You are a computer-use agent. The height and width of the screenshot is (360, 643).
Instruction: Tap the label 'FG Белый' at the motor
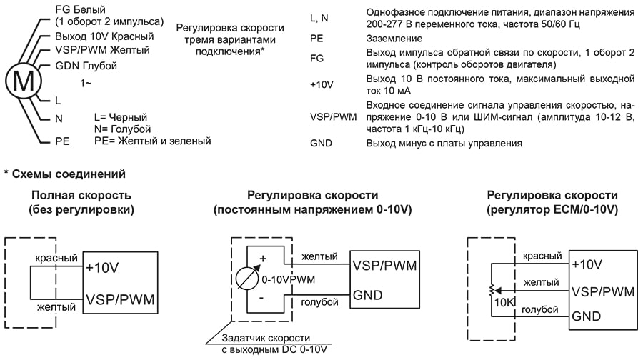[79, 9]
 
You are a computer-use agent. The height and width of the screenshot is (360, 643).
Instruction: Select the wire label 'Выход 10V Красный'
[104, 36]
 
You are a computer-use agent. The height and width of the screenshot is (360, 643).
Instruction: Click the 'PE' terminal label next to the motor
[62, 141]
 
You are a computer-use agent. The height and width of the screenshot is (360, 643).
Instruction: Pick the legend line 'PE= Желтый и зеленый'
[152, 141]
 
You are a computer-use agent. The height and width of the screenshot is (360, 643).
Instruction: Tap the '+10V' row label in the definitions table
[322, 85]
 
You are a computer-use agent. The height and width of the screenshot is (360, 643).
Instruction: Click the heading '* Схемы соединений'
[64, 174]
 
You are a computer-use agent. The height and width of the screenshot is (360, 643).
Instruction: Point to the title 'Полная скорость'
[72, 195]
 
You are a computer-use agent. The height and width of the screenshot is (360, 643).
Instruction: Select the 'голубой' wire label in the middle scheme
[319, 303]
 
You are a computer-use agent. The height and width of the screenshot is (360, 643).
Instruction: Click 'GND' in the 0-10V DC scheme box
[368, 295]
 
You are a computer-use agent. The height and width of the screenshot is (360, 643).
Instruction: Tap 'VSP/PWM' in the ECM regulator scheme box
[603, 291]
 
